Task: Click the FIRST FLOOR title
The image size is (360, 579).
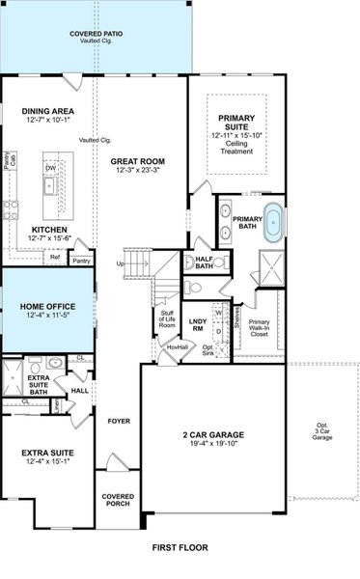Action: [180, 547]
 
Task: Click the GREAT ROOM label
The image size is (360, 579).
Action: [136, 162]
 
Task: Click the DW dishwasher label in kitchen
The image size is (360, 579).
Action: [48, 166]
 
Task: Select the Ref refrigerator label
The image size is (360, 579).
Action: [55, 258]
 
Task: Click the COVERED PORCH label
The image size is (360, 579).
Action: [119, 501]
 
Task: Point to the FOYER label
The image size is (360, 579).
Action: [118, 421]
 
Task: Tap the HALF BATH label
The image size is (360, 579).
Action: [204, 262]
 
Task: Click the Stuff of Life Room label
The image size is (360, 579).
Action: [167, 319]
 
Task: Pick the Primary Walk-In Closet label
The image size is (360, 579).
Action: [259, 328]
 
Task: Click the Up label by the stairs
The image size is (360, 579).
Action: [120, 262]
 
